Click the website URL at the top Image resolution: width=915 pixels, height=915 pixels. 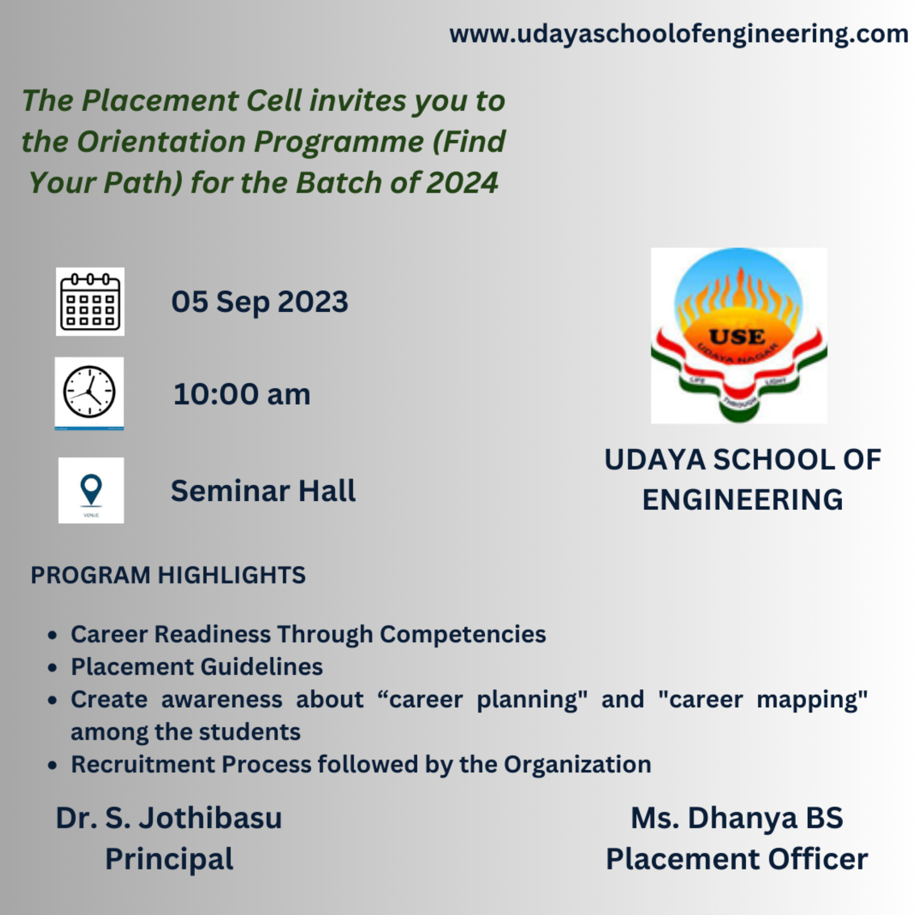pos(679,34)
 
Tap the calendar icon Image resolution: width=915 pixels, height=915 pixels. pos(90,302)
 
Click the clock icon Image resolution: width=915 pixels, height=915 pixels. pos(90,393)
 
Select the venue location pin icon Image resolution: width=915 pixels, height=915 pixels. pos(91,489)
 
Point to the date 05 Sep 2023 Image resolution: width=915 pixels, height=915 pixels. pos(260,302)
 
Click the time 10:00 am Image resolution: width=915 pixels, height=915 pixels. pos(242,395)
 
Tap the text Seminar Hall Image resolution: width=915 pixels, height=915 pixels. pos(263,491)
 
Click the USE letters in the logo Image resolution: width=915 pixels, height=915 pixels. pos(737,337)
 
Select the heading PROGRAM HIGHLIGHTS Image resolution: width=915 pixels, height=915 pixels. pos(168,575)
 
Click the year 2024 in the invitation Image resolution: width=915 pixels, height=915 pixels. pos(462,183)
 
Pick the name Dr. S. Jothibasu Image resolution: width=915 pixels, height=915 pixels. pos(169,818)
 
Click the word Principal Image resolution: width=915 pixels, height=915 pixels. pos(169,859)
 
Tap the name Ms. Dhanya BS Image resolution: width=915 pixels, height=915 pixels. pos(737,818)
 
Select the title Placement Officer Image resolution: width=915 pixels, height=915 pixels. pos(737,859)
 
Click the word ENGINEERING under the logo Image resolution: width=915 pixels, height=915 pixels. pos(742,499)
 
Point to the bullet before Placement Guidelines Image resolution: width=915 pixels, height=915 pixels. pos(52,668)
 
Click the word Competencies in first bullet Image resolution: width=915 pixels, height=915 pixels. pos(462,634)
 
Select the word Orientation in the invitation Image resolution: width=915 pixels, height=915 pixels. pos(161,142)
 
